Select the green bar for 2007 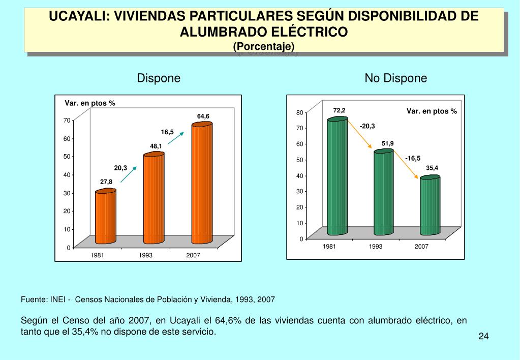point(430,205)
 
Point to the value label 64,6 point(203,116)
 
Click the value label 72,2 point(339,110)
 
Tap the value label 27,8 point(106,181)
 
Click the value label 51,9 point(388,143)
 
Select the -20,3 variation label point(367,126)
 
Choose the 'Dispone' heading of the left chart point(159,78)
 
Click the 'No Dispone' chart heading point(395,78)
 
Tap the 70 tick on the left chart point(67,120)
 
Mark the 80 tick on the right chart point(300,112)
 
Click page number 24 point(483,337)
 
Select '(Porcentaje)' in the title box point(264,46)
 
